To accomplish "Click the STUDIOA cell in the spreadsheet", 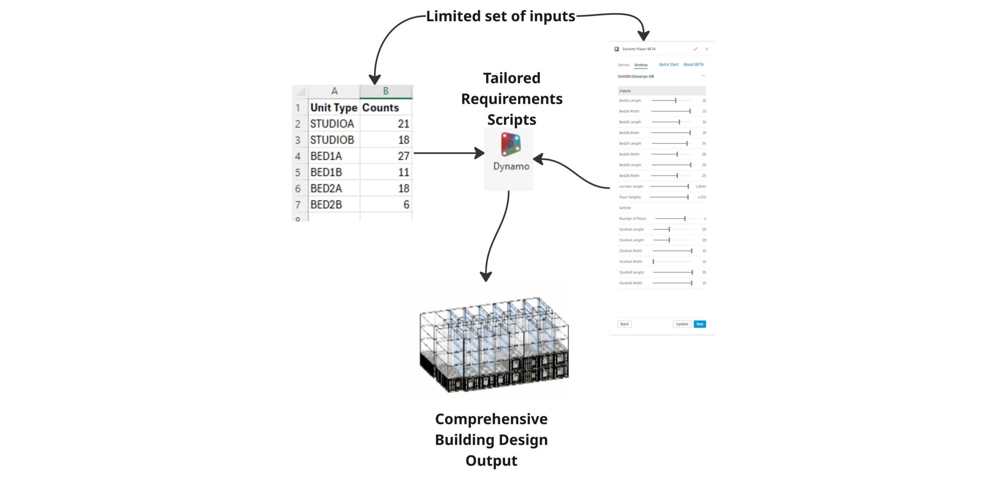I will [332, 124].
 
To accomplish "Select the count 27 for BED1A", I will [403, 156].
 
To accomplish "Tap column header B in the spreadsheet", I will [386, 91].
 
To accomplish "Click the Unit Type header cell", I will [334, 108].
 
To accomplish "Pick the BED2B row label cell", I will [326, 205].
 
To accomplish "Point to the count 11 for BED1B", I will [404, 172].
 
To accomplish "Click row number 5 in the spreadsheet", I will [298, 173].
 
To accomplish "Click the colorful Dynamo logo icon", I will [511, 144].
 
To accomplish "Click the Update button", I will [682, 324].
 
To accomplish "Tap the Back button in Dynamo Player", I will [624, 324].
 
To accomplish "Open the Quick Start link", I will [669, 65].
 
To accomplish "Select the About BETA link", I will [693, 65].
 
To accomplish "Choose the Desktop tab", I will [641, 65].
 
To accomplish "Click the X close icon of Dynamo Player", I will [706, 49].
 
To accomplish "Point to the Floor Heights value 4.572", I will [702, 197].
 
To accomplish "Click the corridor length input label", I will [631, 187].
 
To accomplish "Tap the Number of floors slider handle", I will [685, 219].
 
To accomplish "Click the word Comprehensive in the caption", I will [491, 419].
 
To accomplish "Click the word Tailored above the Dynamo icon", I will [512, 78].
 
